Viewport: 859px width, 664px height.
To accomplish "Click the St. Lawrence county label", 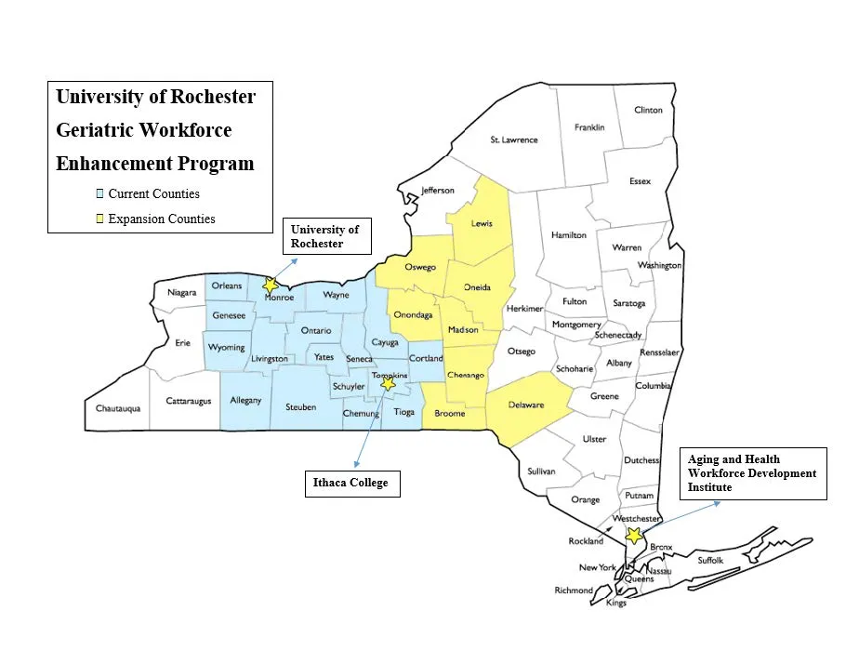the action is click(514, 139).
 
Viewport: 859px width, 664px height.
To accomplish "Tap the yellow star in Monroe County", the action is click(271, 286).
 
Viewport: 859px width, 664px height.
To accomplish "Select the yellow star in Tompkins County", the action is click(389, 383).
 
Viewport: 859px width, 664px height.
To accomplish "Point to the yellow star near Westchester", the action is click(634, 536).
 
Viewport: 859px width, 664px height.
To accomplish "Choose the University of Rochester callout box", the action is click(327, 236).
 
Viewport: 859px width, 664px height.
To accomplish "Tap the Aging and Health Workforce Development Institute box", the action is click(753, 473).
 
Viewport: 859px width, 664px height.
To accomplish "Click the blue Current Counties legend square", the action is click(100, 194).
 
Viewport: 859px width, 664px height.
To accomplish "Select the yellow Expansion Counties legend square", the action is click(100, 219).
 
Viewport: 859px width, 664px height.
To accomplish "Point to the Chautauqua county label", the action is click(118, 408).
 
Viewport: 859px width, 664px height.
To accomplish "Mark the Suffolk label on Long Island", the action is click(710, 561).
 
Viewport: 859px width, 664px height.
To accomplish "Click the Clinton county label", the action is click(648, 110).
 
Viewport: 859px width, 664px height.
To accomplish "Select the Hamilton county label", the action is click(569, 235).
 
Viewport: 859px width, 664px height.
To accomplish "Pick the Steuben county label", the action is click(300, 407).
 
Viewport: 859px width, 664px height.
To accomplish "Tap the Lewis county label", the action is click(481, 223).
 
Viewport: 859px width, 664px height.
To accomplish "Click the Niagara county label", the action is click(182, 293).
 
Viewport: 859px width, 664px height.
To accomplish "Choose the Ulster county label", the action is click(593, 439).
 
